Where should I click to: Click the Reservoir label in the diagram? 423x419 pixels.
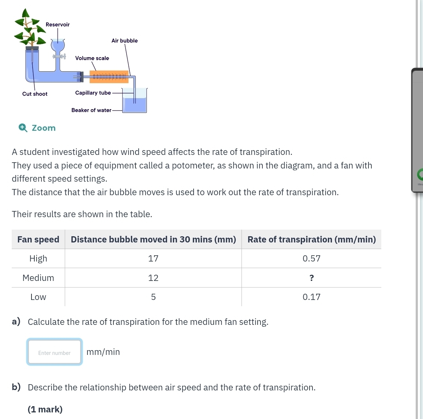pos(57,25)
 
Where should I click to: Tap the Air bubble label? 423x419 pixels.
pos(124,41)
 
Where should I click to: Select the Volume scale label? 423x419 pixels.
pos(92,58)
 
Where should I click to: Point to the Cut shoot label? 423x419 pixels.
pos(35,94)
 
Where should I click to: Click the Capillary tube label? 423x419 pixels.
pos(93,93)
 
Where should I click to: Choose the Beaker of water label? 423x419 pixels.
pos(91,110)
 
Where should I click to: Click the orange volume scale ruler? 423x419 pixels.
pos(109,76)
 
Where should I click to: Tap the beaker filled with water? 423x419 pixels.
pos(134,103)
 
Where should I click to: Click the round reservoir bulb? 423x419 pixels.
pos(57,46)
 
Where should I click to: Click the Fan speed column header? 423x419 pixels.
pos(38,240)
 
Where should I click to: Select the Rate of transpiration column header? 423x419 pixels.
pos(311,240)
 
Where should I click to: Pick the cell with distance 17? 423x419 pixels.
pos(153,259)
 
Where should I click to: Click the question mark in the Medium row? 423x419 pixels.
pos(311,278)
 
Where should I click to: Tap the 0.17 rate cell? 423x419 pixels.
pos(311,297)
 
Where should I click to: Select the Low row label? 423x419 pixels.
pos(38,297)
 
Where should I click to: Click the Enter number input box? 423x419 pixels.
pos(55,352)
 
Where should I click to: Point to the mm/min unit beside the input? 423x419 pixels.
pos(103,352)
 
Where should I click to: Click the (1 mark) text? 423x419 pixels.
pos(45,409)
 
